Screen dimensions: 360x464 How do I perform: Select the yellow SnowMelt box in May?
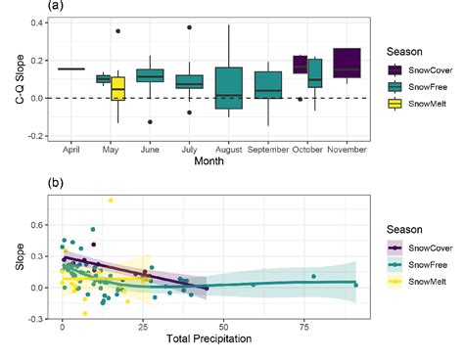[117, 88]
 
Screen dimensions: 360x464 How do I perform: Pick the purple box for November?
[347, 62]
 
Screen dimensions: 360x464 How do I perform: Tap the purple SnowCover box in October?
[301, 65]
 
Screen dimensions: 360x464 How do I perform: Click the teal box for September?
[267, 84]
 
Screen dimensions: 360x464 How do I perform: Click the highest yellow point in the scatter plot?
[111, 201]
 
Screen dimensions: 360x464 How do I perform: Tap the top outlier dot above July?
[189, 27]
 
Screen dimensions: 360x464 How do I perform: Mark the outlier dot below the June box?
[150, 122]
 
